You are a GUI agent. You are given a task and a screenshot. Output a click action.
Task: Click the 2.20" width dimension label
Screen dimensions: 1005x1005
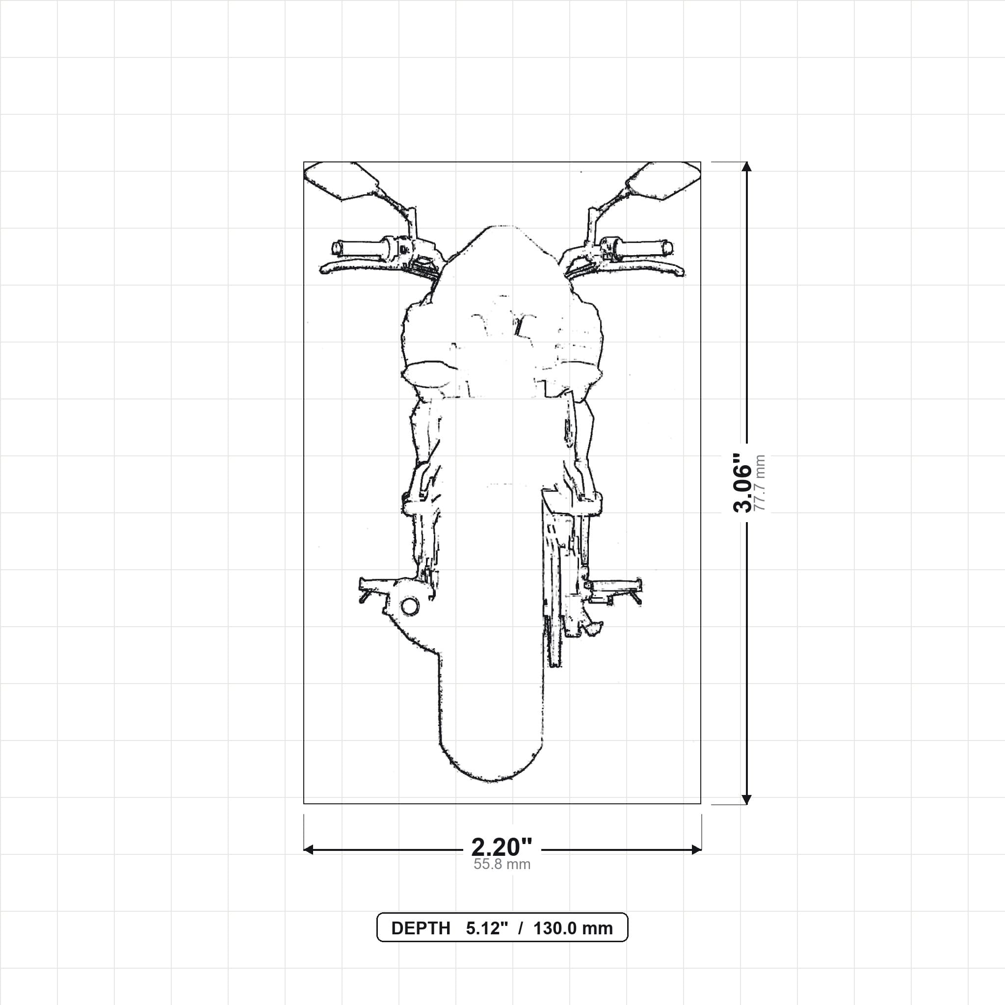pos(502,847)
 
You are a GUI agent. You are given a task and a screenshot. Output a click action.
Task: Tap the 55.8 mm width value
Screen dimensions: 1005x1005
pos(502,865)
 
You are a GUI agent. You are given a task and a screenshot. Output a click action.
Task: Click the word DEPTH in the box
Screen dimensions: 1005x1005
pos(421,928)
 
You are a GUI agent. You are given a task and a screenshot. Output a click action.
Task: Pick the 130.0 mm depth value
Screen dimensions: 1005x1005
pos(573,928)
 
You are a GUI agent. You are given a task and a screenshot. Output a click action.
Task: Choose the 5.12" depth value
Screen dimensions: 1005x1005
pos(486,928)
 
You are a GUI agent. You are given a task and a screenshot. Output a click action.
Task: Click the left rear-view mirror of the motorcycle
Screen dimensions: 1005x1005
pos(341,181)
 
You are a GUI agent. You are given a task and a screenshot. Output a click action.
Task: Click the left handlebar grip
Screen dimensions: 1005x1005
pos(359,248)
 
